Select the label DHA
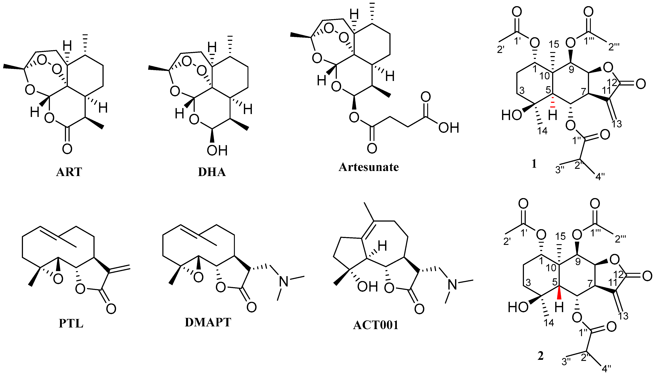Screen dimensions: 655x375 [212, 172]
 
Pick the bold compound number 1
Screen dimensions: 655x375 [534, 164]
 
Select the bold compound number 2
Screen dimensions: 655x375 [540, 356]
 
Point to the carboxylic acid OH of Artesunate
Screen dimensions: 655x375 [449, 128]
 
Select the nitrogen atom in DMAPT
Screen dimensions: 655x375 [284, 281]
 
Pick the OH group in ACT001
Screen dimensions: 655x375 [368, 287]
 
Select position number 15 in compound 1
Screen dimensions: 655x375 [554, 44]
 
